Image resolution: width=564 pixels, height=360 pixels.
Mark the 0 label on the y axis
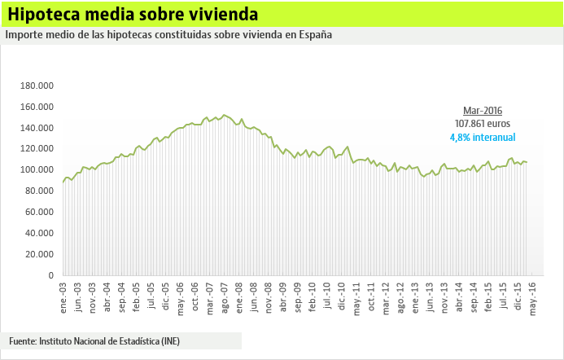point(50,275)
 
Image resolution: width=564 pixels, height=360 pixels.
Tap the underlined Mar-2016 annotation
point(483,110)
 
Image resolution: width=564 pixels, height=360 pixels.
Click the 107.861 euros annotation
point(483,124)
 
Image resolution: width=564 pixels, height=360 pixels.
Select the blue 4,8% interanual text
point(483,138)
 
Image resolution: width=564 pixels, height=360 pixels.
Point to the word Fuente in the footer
point(23,340)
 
